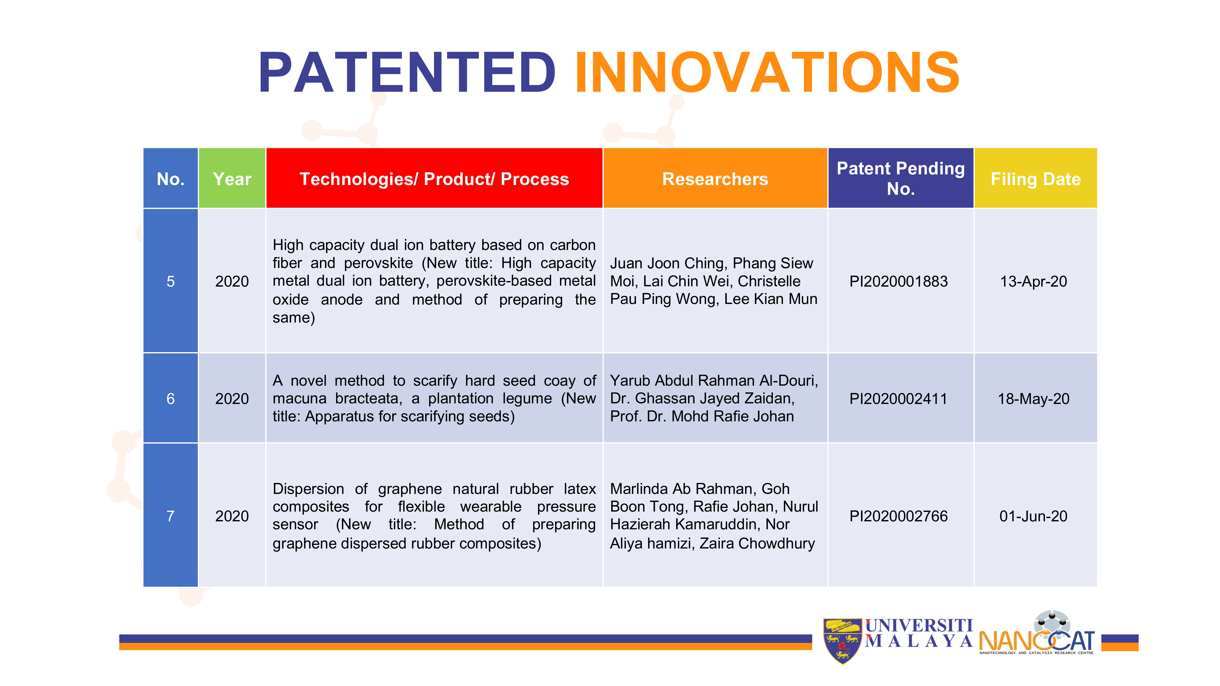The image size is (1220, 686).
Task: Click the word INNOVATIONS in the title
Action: click(x=767, y=73)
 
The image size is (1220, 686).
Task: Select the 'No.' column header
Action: click(x=170, y=178)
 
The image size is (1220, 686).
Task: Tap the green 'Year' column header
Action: click(x=232, y=178)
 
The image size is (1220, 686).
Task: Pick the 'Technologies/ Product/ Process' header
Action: click(x=434, y=178)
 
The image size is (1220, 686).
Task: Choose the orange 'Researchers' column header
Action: click(x=715, y=178)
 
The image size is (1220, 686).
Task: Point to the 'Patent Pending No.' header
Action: click(x=901, y=178)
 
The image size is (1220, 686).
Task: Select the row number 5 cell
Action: click(x=170, y=281)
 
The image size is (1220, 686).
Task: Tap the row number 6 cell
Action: click(x=170, y=398)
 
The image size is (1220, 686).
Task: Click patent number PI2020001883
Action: click(x=899, y=281)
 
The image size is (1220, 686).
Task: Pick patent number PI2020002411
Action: click(x=899, y=398)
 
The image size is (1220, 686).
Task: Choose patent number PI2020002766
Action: click(x=899, y=516)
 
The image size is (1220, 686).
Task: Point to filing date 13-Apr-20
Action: click(x=1033, y=281)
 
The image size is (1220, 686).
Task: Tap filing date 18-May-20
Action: click(x=1033, y=398)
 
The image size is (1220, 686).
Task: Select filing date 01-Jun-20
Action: click(x=1033, y=516)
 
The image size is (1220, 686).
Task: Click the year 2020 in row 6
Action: click(x=232, y=398)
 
